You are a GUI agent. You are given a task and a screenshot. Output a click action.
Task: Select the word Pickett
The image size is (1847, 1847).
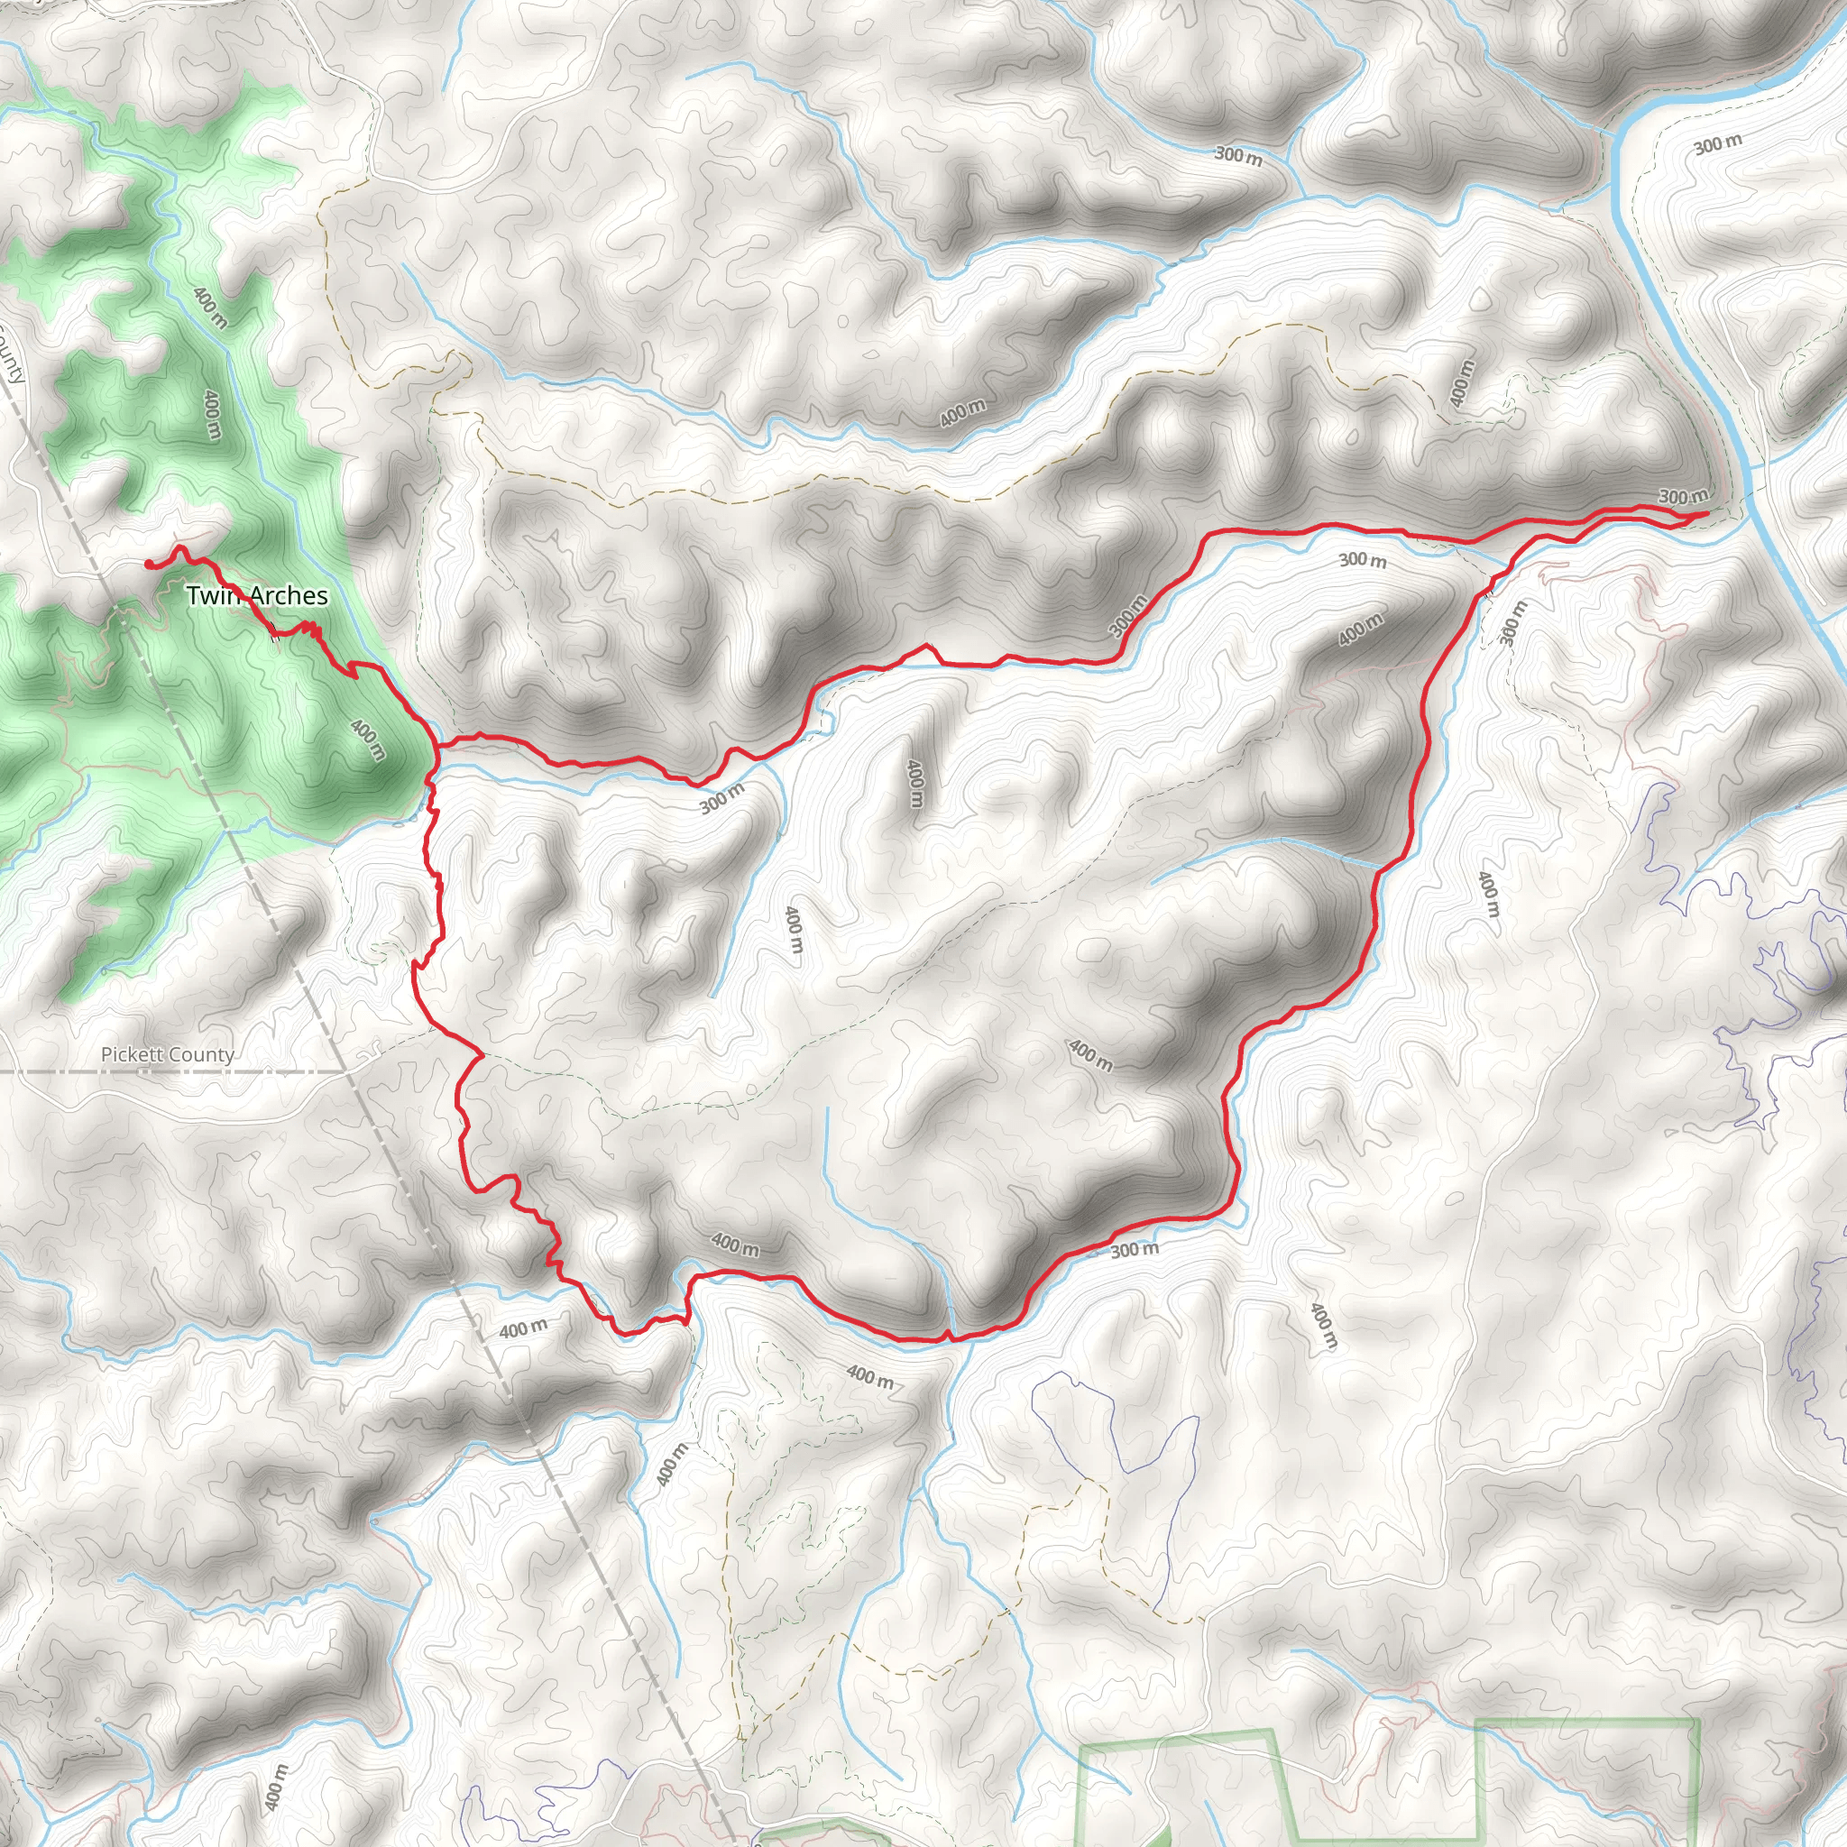133,1054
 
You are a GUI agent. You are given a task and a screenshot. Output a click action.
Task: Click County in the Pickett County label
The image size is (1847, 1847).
203,1054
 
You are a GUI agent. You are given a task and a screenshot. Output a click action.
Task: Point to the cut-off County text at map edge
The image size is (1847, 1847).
12,354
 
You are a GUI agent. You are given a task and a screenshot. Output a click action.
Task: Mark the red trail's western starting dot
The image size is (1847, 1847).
149,564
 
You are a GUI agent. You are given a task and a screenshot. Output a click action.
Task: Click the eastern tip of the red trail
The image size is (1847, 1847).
1706,514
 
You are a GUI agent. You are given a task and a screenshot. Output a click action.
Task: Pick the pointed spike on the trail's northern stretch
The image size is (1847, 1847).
925,648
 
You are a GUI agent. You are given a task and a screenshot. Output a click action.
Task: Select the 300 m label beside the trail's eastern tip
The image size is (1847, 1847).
1682,496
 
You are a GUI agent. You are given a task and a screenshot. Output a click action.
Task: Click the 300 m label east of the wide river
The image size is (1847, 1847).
1717,144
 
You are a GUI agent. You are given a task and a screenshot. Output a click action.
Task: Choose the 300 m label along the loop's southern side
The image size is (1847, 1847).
1135,1249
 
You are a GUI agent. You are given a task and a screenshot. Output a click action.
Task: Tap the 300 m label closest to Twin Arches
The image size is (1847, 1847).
721,798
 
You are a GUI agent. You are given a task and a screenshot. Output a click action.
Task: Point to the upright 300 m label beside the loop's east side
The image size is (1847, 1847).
1512,622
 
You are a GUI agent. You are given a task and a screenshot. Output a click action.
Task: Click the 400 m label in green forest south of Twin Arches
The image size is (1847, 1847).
368,739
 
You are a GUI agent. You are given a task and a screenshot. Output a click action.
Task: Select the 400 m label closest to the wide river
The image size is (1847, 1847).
1461,382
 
